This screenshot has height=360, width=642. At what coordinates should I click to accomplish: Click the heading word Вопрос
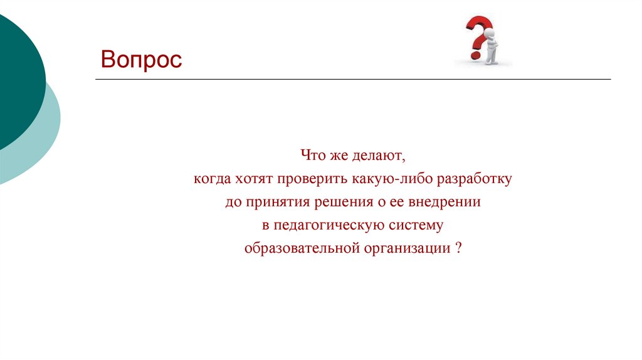coord(142,60)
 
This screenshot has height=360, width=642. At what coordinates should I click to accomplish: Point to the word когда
coord(212,179)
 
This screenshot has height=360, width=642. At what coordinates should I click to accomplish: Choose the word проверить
coord(307,179)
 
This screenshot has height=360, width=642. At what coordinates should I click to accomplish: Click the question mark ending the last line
coord(459,248)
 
